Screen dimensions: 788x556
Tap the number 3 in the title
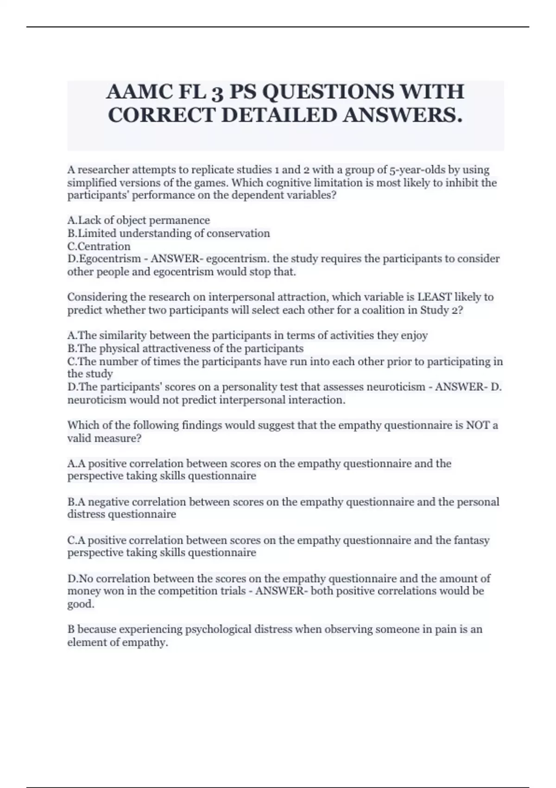click(216, 92)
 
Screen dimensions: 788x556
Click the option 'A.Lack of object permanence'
click(139, 220)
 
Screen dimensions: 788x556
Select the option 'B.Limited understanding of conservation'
click(169, 233)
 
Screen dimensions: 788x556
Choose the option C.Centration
click(99, 246)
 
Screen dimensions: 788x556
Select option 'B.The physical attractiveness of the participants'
click(185, 348)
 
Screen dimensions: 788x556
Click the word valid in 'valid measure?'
click(79, 438)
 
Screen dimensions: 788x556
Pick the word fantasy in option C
click(471, 540)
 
